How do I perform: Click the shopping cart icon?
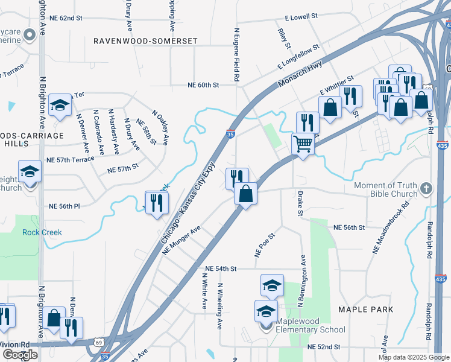pos(303,144)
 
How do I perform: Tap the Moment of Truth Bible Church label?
pos(386,189)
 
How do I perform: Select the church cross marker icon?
pos(427,188)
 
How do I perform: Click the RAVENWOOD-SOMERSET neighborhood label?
pos(145,40)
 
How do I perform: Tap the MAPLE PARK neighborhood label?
pos(365,310)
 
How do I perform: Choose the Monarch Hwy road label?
pos(301,75)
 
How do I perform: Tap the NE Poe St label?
pos(265,246)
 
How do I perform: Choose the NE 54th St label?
pos(220,268)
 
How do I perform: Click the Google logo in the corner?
pos(20,355)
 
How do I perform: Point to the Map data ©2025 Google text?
pos(413,357)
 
